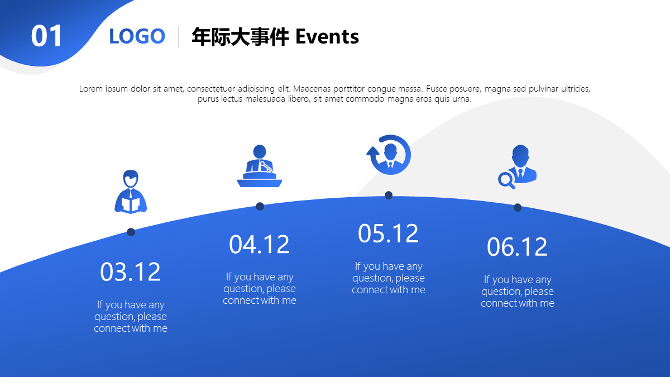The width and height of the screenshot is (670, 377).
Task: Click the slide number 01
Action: click(x=46, y=36)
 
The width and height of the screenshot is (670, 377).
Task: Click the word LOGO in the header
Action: click(x=137, y=36)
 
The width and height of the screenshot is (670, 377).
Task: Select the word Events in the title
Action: click(x=327, y=37)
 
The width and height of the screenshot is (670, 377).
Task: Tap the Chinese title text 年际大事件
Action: click(x=240, y=37)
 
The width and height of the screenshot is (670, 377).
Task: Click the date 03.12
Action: click(x=131, y=272)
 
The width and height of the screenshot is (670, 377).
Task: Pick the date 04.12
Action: click(x=260, y=245)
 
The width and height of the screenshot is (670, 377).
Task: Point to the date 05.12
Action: click(x=389, y=233)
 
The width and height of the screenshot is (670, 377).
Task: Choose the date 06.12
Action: click(x=518, y=247)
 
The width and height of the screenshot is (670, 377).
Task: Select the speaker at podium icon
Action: click(x=259, y=166)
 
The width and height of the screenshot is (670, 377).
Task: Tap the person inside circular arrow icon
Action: click(x=389, y=155)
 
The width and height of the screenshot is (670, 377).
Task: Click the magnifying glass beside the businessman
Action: click(x=506, y=180)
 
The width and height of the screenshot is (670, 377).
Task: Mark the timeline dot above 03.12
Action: click(x=131, y=232)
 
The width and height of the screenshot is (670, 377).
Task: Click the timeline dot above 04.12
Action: click(x=260, y=206)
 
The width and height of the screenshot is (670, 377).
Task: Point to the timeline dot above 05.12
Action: click(x=389, y=195)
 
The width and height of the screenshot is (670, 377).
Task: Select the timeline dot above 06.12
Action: click(x=518, y=207)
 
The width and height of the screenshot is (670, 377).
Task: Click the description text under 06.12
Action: click(x=518, y=292)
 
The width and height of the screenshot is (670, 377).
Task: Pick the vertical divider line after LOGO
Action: click(x=179, y=36)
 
